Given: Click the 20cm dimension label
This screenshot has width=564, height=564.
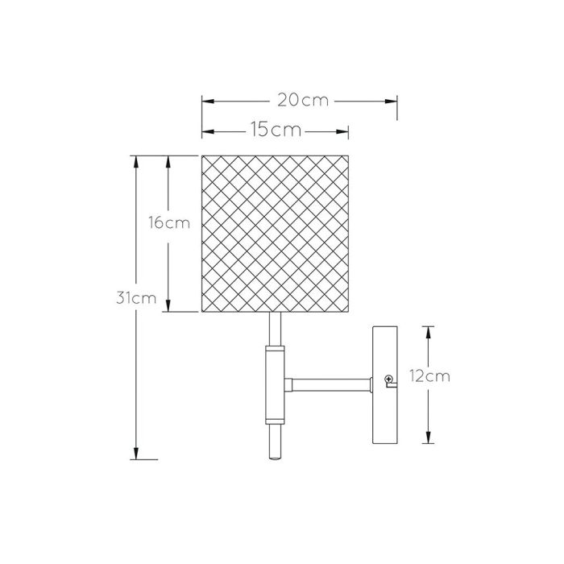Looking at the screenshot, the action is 303,101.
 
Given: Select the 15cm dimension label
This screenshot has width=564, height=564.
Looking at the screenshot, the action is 276,130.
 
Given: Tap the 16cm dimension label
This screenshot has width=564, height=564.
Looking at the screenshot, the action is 169,223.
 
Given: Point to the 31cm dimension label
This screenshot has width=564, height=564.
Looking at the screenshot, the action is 136,298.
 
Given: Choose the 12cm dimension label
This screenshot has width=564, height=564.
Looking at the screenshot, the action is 429,376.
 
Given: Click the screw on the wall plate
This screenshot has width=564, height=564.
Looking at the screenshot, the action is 389,379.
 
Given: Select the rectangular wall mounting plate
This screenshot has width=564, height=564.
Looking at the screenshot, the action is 385,385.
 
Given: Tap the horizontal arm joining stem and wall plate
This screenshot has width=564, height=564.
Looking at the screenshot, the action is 329,384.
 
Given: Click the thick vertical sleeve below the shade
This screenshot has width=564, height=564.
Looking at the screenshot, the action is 276,385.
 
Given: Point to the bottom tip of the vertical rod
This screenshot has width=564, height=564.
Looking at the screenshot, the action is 276,459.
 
